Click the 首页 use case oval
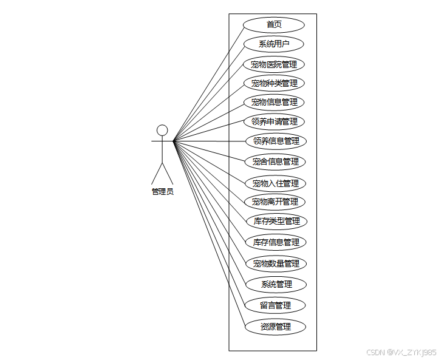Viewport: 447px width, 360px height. tap(274, 25)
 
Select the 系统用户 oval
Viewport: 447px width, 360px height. tap(274, 44)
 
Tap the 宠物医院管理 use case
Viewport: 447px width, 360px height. tap(274, 64)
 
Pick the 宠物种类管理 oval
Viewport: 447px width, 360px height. tap(274, 83)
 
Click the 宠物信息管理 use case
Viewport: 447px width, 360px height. tap(274, 102)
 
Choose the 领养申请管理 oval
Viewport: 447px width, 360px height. tap(274, 121)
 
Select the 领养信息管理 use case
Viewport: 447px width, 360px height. tap(276, 141)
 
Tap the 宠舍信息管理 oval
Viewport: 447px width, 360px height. tap(275, 161)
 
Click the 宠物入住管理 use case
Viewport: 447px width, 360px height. tap(275, 183)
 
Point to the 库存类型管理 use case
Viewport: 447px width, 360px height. tap(276, 221)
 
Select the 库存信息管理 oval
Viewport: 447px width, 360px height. tap(276, 242)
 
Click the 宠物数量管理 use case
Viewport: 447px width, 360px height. tap(276, 263)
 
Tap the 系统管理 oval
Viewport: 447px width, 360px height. tap(276, 284)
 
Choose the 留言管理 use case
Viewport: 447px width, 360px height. tap(275, 305)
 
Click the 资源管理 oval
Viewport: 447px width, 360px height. tap(275, 327)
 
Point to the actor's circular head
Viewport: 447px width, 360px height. tap(162, 130)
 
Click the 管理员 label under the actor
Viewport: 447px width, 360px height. tap(162, 191)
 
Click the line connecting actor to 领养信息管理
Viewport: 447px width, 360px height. tap(210, 141)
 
